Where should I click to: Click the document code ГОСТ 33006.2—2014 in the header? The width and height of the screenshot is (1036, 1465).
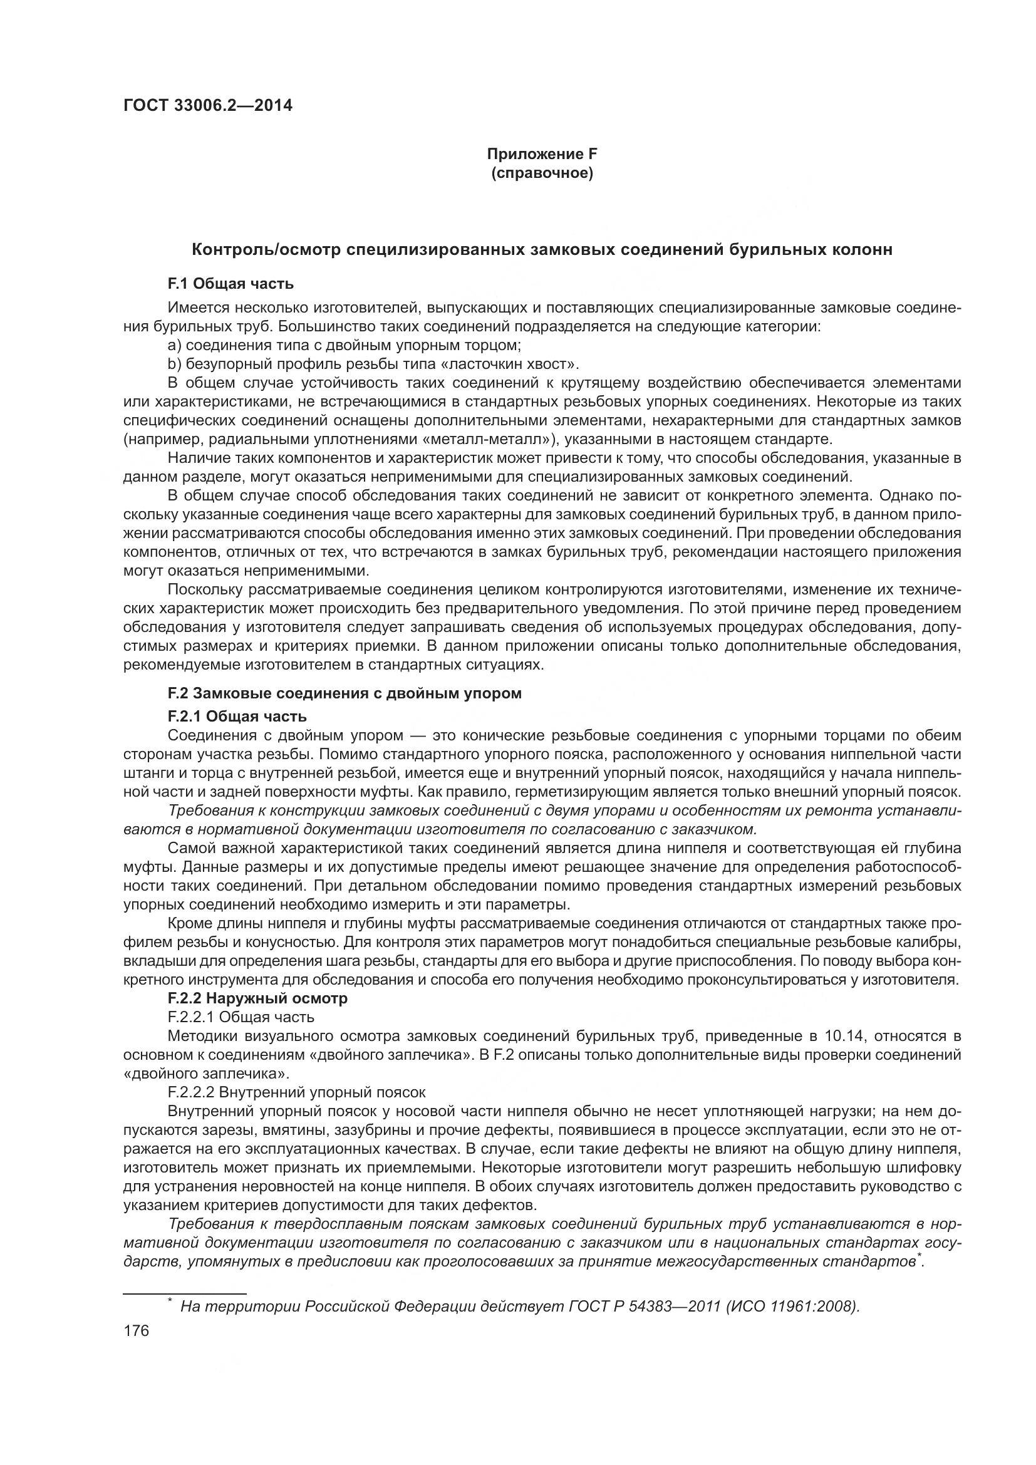pos(207,105)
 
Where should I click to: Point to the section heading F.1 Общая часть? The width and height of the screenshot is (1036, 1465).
pos(231,283)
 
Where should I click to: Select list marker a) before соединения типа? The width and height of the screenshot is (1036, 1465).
pos(174,345)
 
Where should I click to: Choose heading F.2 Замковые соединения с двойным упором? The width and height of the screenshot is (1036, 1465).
pos(344,693)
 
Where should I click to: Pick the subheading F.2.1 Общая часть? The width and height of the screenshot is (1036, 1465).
pos(237,717)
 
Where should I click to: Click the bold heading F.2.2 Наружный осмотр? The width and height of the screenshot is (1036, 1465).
pos(257,998)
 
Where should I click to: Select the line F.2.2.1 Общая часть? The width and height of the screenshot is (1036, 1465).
pos(241,1017)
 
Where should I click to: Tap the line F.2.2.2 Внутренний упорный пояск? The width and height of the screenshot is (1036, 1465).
pos(296,1092)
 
